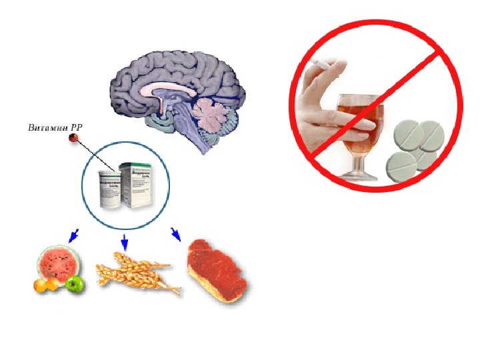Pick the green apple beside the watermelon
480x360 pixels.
(x=74, y=285)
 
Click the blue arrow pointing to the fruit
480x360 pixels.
(x=73, y=235)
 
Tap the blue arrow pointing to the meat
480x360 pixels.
(x=175, y=233)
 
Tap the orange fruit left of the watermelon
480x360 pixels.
(x=42, y=285)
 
